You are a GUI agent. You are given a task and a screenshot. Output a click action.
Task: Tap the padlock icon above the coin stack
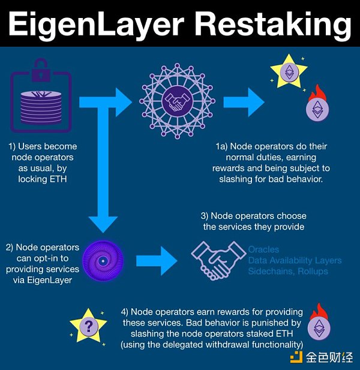pos(41,71)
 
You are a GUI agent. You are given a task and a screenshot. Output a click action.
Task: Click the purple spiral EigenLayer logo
pos(104,261)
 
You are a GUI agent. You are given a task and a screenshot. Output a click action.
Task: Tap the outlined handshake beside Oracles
pos(217,258)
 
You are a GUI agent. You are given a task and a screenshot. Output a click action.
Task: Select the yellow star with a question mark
pos(89,326)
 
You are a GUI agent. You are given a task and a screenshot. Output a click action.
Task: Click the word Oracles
pos(264,249)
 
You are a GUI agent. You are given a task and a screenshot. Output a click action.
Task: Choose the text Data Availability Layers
pos(295,260)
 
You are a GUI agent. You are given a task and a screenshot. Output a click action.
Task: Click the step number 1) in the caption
pos(13,146)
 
